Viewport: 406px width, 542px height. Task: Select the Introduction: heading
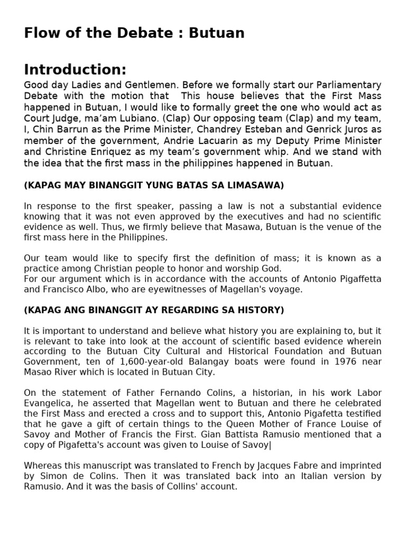75,70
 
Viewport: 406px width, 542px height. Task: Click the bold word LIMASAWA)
254,185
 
